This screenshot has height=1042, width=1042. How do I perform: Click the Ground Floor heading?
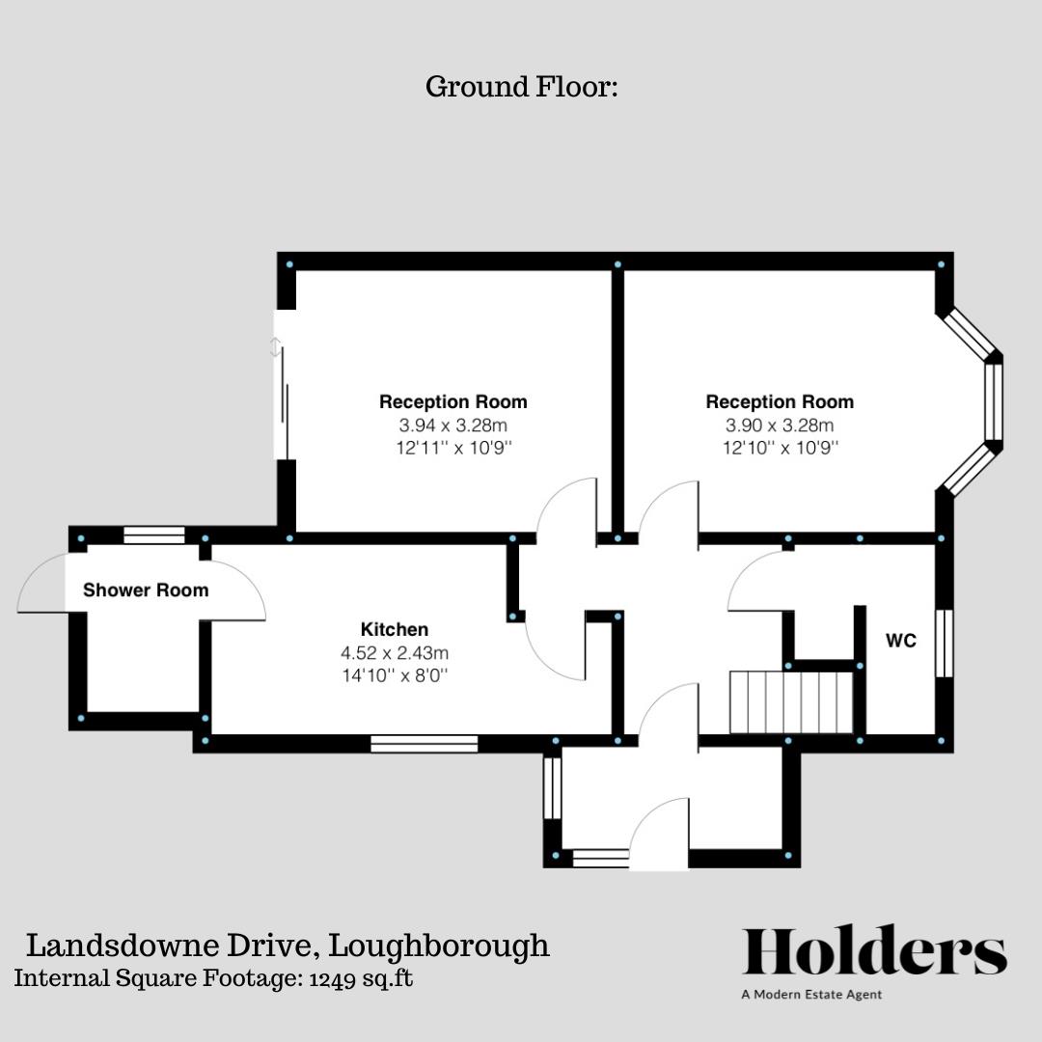pos(521,87)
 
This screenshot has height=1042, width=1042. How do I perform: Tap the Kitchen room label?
pos(395,629)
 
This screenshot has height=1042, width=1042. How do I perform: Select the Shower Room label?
pos(146,590)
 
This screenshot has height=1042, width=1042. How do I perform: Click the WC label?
pos(901,641)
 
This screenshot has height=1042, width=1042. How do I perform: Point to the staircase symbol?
pos(791,703)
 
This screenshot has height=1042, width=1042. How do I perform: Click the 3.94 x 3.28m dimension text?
pos(452,425)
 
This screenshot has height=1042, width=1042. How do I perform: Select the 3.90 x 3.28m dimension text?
pos(780,425)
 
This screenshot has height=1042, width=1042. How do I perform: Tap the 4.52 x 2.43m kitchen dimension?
pos(395,652)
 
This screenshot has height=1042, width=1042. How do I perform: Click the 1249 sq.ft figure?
pos(361,977)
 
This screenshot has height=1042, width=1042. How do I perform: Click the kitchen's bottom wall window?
pos(425,744)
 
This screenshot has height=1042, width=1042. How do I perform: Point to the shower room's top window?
pos(154,535)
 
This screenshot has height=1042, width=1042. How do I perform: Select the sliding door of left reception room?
pos(282,405)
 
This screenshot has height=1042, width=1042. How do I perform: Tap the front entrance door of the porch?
pos(659,836)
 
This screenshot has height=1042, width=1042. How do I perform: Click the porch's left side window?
pos(552,787)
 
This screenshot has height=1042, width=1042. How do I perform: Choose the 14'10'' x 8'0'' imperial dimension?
pos(395,675)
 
